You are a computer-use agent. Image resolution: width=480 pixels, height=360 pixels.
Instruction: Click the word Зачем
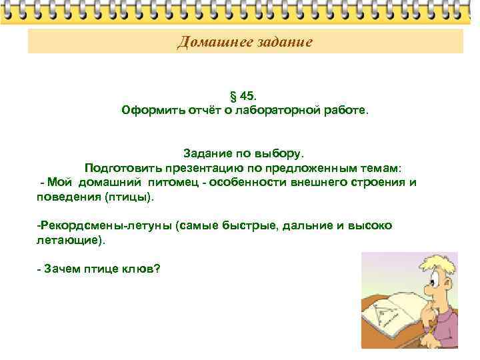(x=61, y=269)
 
